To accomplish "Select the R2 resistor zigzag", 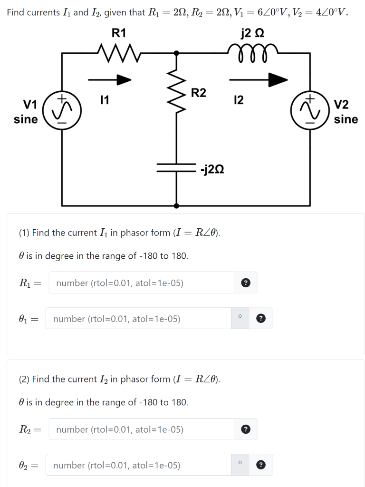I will pyautogui.click(x=177, y=94).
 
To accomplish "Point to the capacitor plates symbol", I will pyautogui.click(x=177, y=167).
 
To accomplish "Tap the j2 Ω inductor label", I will pyautogui.click(x=252, y=33).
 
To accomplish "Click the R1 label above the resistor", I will pyautogui.click(x=119, y=33).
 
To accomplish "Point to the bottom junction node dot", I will pyautogui.click(x=177, y=206).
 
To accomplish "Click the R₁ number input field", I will pyautogui.click(x=142, y=283).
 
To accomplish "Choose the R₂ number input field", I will pyautogui.click(x=142, y=429).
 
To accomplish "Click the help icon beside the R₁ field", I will pyautogui.click(x=246, y=283).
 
